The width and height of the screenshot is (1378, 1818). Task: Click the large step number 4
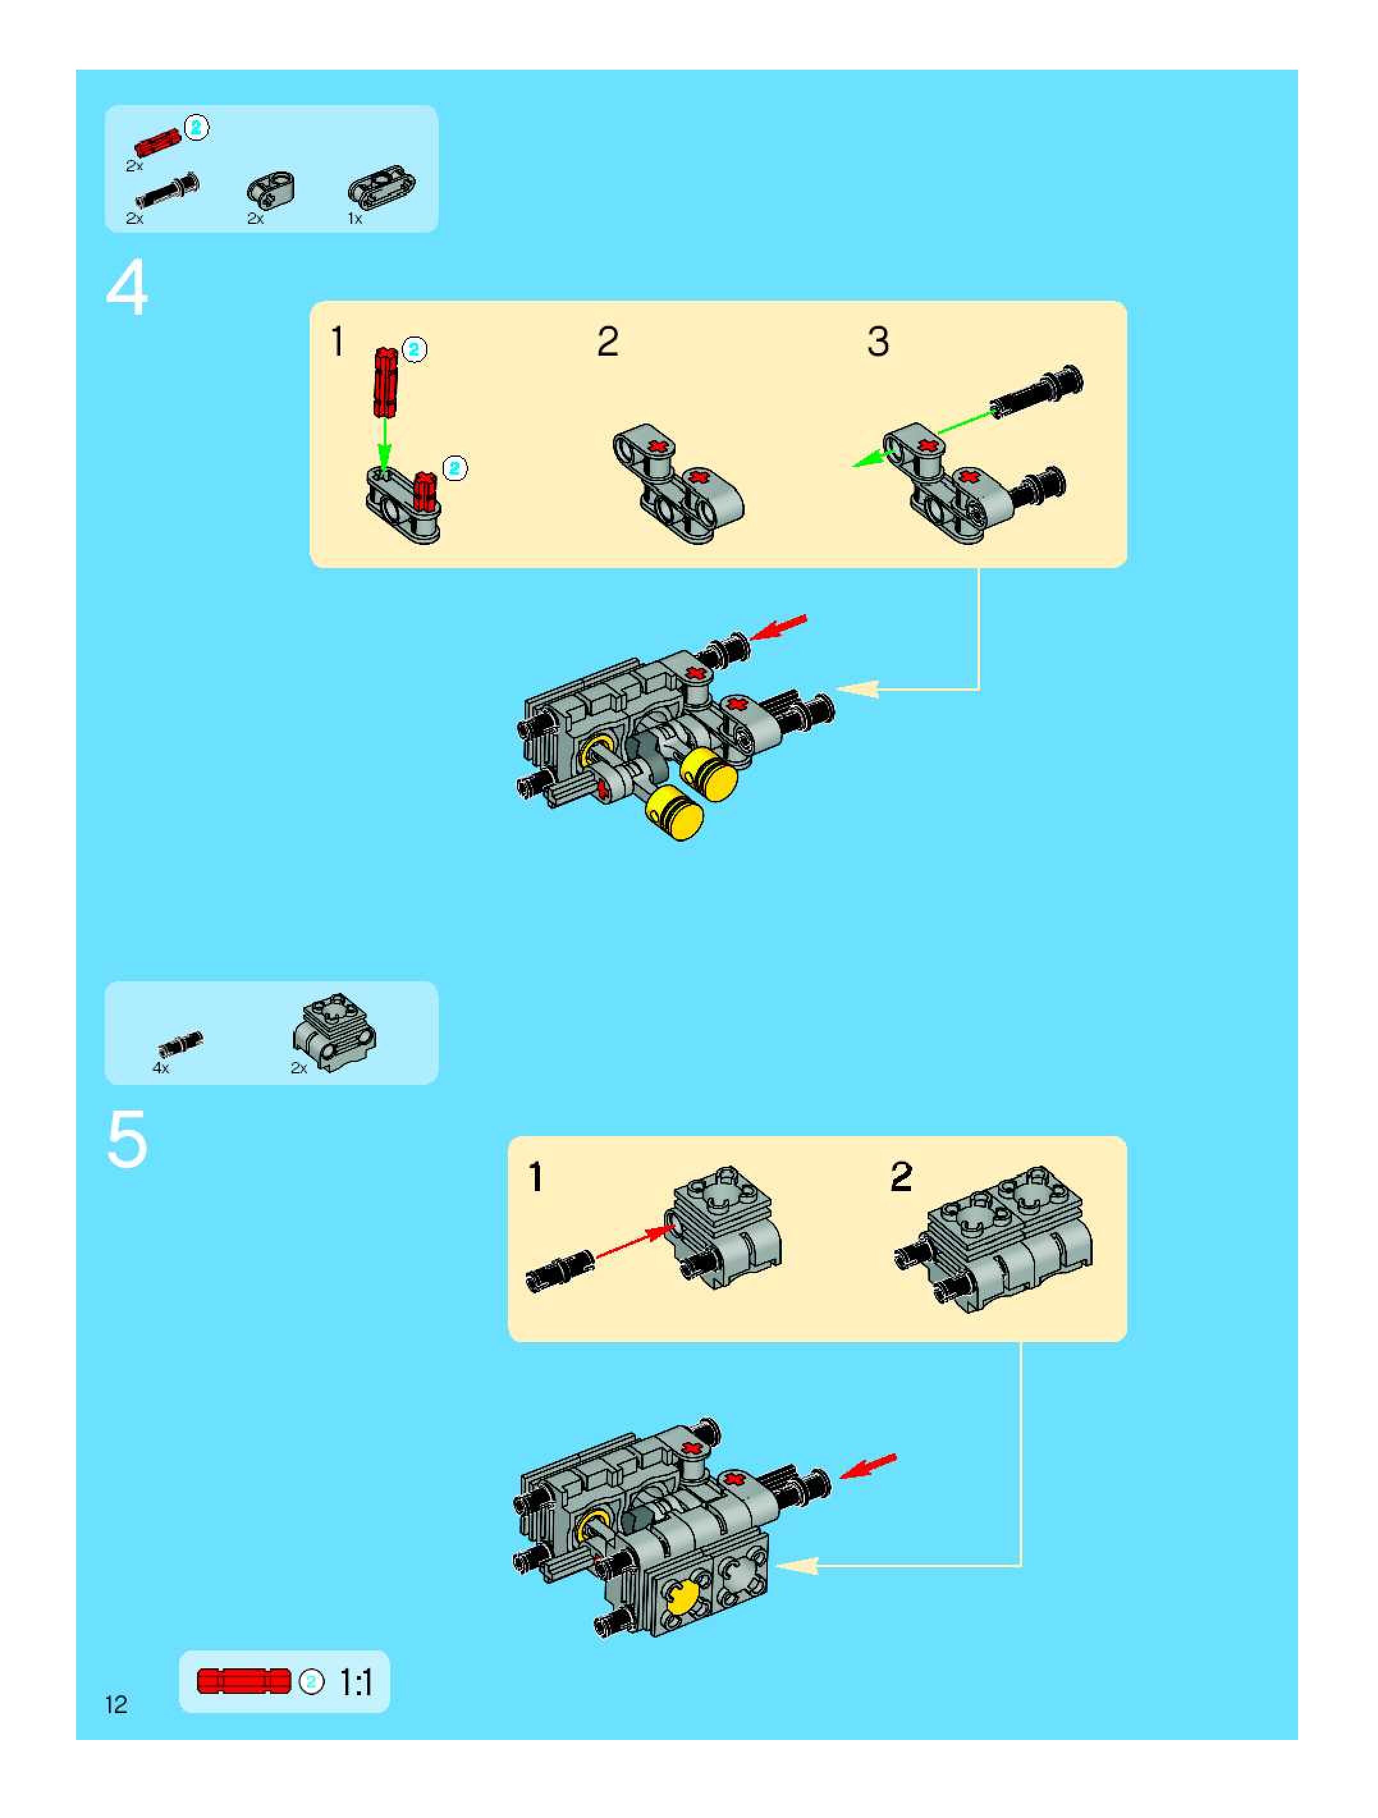(x=127, y=288)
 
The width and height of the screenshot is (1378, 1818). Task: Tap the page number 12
(x=116, y=1705)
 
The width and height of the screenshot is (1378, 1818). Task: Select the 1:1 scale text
(x=356, y=1683)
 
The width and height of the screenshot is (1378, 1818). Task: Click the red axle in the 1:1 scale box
(x=244, y=1680)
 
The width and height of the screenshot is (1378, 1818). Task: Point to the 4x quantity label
(x=160, y=1068)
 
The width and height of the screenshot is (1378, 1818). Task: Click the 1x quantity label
(x=355, y=219)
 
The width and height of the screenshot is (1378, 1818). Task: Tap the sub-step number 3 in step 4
(x=878, y=341)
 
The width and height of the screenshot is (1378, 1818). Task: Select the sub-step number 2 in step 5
(x=901, y=1177)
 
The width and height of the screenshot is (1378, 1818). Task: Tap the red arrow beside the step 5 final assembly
(x=869, y=1465)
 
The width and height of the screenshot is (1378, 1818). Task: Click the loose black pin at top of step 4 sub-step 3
(x=1037, y=393)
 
